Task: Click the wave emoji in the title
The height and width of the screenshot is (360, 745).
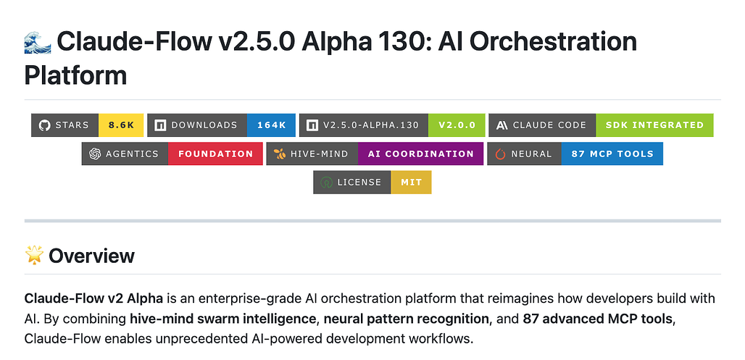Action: pyautogui.click(x=37, y=43)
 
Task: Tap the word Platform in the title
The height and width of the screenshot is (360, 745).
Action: pyautogui.click(x=75, y=75)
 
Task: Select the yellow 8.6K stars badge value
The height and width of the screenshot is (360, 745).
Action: pyautogui.click(x=121, y=125)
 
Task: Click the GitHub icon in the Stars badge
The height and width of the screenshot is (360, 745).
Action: pyautogui.click(x=44, y=125)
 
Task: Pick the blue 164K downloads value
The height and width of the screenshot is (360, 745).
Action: pyautogui.click(x=271, y=125)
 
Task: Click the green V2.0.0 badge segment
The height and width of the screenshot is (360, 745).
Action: pyautogui.click(x=457, y=125)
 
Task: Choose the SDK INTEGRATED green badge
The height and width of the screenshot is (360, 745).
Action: pyautogui.click(x=654, y=125)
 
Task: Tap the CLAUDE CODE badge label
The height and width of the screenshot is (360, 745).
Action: pyautogui.click(x=549, y=125)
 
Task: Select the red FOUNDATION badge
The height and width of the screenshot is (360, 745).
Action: pyautogui.click(x=215, y=154)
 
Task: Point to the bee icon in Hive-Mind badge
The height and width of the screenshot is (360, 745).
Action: pyautogui.click(x=280, y=154)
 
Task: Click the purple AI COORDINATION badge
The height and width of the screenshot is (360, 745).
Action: pyautogui.click(x=420, y=154)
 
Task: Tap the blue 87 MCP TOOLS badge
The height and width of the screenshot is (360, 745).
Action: pyautogui.click(x=612, y=154)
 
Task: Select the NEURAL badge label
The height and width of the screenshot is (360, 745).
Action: pyautogui.click(x=531, y=154)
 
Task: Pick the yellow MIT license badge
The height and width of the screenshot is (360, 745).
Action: pyautogui.click(x=411, y=182)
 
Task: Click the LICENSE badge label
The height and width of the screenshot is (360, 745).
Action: pyautogui.click(x=359, y=182)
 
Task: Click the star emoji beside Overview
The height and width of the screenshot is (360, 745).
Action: pyautogui.click(x=34, y=255)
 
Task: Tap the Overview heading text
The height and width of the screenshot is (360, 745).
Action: pyautogui.click(x=91, y=256)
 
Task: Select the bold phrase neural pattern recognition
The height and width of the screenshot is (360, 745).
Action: pyautogui.click(x=406, y=318)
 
